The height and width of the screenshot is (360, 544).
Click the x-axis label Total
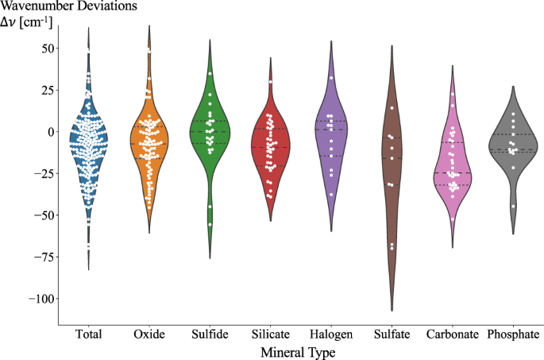(88, 335)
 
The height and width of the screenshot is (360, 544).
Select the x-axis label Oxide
(149, 335)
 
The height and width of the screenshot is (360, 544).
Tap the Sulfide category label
(210, 335)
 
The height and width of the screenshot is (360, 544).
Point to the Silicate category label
(270, 335)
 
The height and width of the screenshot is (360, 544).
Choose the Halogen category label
(330, 335)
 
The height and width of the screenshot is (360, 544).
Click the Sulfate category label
(392, 335)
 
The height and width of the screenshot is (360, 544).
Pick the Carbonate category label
(452, 335)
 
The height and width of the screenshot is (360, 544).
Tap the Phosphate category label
(512, 335)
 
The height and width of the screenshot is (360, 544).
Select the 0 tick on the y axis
(48, 132)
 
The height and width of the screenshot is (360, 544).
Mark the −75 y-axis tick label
(40, 257)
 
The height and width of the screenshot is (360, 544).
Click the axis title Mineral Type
(300, 350)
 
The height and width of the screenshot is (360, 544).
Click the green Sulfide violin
(210, 135)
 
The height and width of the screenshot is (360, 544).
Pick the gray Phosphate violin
(512, 147)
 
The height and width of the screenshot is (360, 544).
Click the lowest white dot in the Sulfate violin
(391, 247)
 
